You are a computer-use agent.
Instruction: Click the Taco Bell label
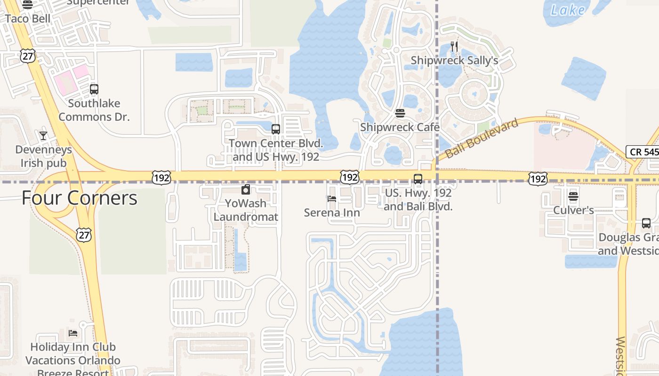pos(28,19)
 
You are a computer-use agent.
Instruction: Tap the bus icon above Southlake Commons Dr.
pos(94,89)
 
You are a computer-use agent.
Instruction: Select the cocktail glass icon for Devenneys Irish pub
pos(43,135)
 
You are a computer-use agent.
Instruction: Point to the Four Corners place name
pos(80,198)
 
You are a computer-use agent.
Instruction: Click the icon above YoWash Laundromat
pos(245,190)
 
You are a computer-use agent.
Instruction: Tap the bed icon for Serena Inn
pos(332,199)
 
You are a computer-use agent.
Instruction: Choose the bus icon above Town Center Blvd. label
pos(276,129)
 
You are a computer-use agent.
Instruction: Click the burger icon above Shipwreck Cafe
pos(400,113)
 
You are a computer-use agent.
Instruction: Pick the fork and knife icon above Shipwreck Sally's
pos(454,46)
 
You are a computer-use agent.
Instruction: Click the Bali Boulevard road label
pos(482,138)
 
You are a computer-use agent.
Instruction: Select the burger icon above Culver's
pos(573,196)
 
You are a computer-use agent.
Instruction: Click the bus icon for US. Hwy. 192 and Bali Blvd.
pos(418,179)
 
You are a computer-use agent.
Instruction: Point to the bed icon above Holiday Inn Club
pos(73,333)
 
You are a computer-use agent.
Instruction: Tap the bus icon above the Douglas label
pos(646,223)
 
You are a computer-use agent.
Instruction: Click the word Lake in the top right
pos(568,10)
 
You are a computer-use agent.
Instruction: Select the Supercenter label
pos(98,2)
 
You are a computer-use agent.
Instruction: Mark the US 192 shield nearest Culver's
pos(538,178)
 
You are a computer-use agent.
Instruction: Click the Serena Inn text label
pos(332,212)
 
